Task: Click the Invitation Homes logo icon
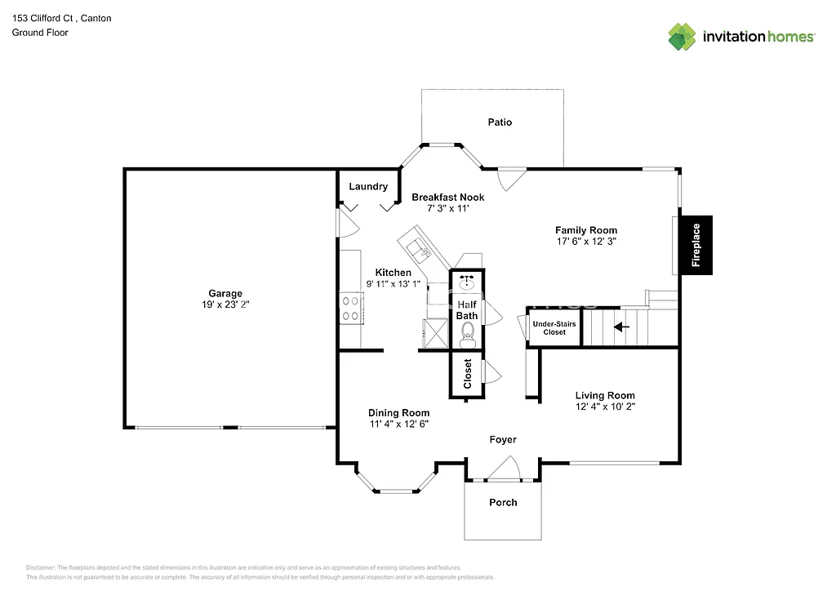(x=683, y=37)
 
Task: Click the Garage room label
(x=225, y=294)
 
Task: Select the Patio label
(x=500, y=122)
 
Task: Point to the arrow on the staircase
(x=622, y=327)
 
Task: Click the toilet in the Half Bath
(x=468, y=331)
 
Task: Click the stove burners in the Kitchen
(x=351, y=308)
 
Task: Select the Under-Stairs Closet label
(x=554, y=328)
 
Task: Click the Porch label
(x=503, y=502)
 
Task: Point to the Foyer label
(x=503, y=440)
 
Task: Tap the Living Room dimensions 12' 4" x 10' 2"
(x=604, y=407)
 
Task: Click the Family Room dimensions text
(x=586, y=242)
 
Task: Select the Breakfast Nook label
(x=447, y=198)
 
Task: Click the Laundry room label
(x=368, y=187)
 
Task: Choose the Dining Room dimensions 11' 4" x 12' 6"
(x=398, y=424)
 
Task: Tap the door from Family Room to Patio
(x=509, y=178)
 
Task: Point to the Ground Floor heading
(x=40, y=33)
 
